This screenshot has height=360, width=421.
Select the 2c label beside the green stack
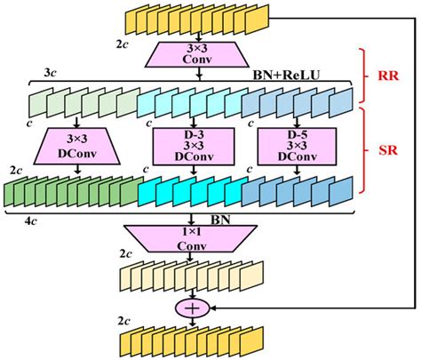pyautogui.click(x=16, y=168)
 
